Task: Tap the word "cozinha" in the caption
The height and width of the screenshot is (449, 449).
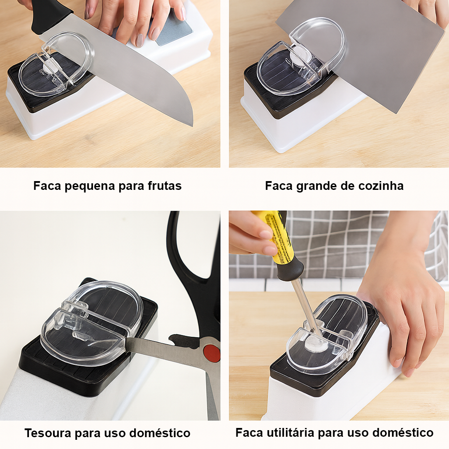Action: click(x=381, y=186)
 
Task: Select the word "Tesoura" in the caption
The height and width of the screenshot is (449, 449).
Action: click(x=48, y=433)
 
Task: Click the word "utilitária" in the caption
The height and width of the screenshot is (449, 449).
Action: click(x=290, y=433)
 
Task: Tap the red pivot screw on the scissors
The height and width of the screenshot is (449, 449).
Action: click(x=212, y=353)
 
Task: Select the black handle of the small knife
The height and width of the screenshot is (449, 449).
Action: click(x=50, y=16)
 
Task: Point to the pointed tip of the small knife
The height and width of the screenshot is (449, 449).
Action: click(x=192, y=124)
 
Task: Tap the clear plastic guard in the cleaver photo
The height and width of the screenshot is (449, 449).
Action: click(x=303, y=57)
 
